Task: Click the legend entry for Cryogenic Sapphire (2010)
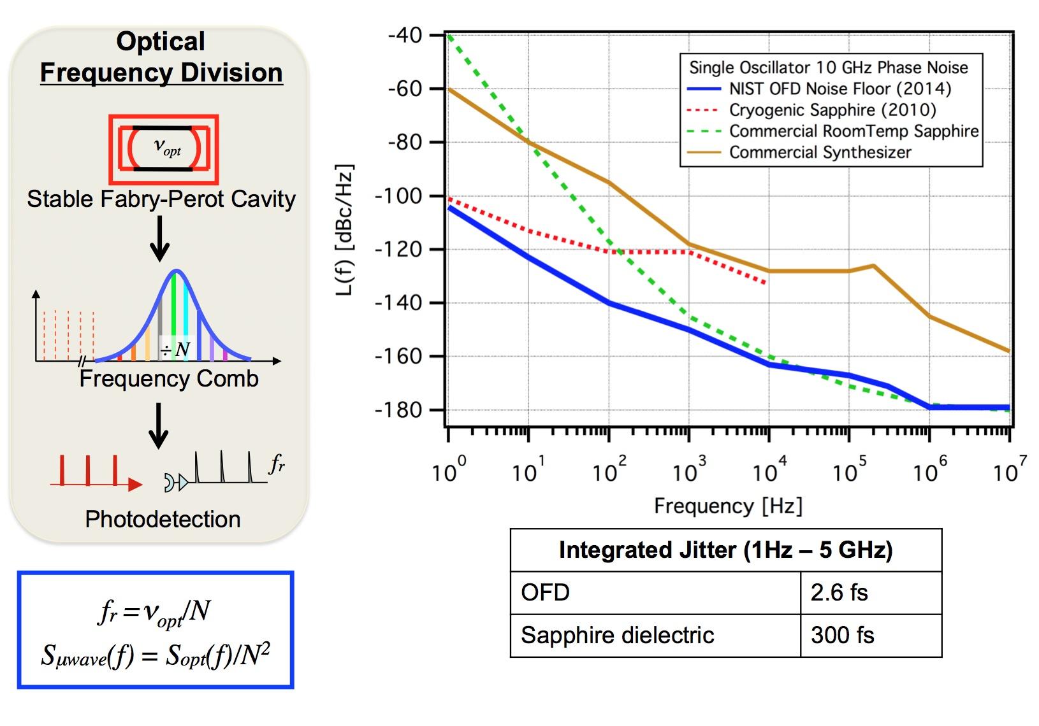coord(832,110)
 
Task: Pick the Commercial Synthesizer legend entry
coord(820,153)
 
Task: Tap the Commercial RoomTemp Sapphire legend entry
coord(854,131)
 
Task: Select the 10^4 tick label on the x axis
coord(769,471)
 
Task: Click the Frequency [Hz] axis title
coord(728,506)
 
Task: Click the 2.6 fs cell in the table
coord(839,593)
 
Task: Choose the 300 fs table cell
coord(842,636)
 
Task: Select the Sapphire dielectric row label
coord(617,636)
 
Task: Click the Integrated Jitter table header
coord(725,550)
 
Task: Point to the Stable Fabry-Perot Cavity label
coord(161,199)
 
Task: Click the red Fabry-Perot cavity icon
coord(164,149)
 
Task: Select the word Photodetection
coord(163,520)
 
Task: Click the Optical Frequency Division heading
coord(161,57)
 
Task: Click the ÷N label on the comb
coord(175,349)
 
